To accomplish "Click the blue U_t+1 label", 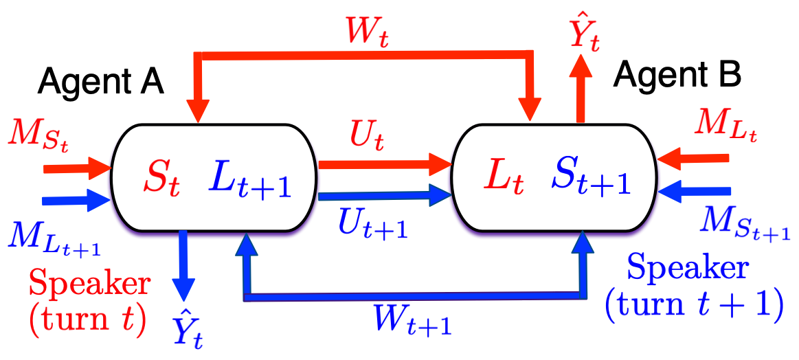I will coord(373,223).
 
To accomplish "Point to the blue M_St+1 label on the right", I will coord(743,225).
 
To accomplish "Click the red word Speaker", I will coord(89,284).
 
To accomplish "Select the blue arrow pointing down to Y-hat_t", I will coord(183,265).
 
